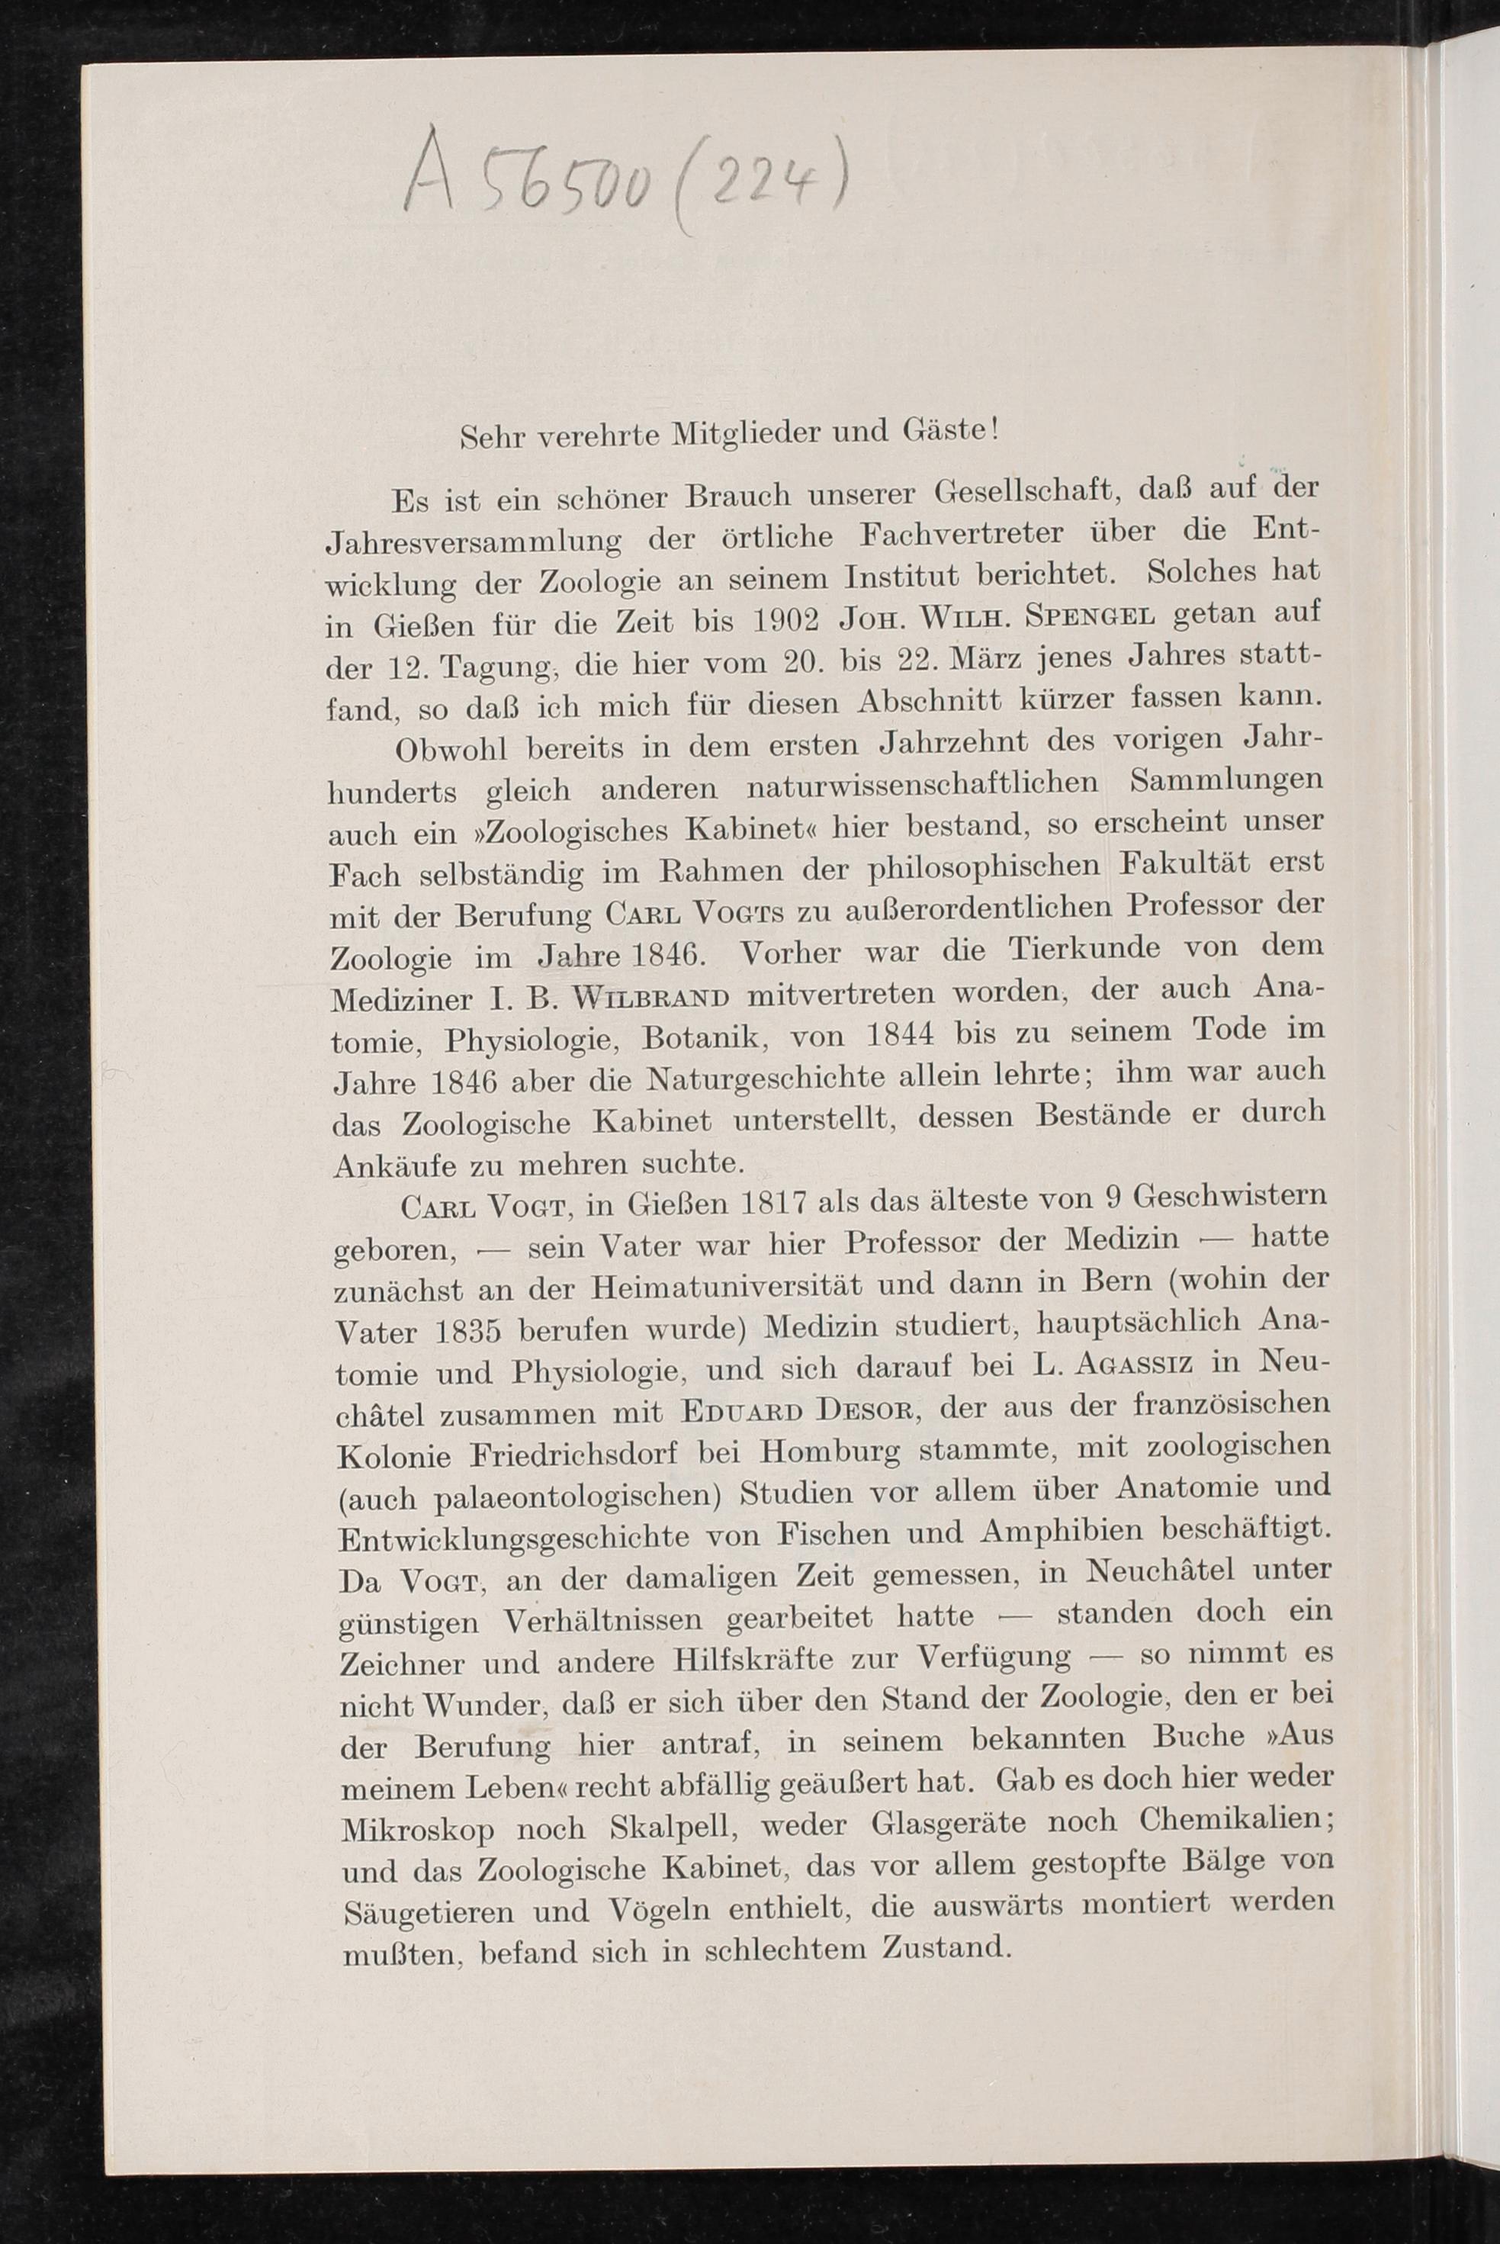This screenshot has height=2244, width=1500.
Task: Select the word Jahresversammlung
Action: tap(474, 542)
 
